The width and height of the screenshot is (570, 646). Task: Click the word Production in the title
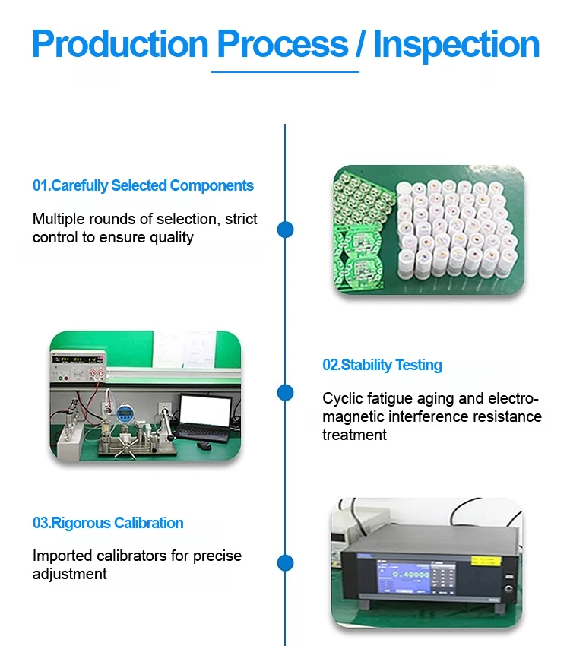click(x=120, y=44)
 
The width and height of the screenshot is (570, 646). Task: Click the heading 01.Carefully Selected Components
click(x=143, y=185)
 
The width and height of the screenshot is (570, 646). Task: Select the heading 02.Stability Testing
click(x=382, y=365)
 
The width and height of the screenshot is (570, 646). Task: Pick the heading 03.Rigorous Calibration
click(x=108, y=523)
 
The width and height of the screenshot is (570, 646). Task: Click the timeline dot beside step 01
click(x=285, y=230)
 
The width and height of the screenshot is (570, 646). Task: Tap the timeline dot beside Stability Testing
click(x=285, y=393)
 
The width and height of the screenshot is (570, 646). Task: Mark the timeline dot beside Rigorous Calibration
click(x=285, y=563)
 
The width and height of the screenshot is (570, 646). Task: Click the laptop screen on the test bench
click(x=205, y=412)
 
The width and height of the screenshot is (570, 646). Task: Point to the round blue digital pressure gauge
click(x=124, y=413)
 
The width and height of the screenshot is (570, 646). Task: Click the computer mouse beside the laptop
click(x=204, y=445)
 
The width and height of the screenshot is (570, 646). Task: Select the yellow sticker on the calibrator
click(x=486, y=561)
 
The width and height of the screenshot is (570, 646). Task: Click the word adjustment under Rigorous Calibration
click(x=70, y=575)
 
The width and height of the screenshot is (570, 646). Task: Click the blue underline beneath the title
click(x=285, y=72)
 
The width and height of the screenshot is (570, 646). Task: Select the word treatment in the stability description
click(x=355, y=435)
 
